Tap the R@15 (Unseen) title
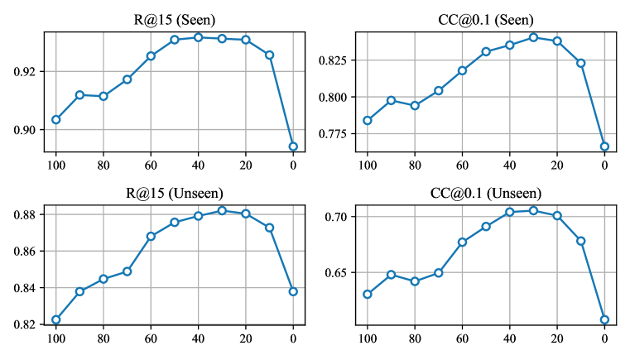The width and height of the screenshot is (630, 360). tap(175, 194)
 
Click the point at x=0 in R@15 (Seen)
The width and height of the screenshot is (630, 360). tap(293, 146)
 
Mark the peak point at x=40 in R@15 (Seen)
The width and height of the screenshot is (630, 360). tap(199, 37)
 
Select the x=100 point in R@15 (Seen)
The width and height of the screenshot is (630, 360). tap(56, 119)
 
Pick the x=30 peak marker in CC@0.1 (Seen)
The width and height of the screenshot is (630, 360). tap(533, 37)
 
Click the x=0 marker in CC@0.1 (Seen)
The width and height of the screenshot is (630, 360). tap(604, 146)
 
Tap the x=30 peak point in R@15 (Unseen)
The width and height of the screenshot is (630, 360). tap(222, 210)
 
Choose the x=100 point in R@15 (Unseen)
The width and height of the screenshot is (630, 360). tap(56, 319)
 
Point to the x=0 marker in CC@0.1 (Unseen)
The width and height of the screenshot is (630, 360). tap(604, 319)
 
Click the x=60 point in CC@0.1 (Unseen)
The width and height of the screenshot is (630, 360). tap(462, 242)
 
